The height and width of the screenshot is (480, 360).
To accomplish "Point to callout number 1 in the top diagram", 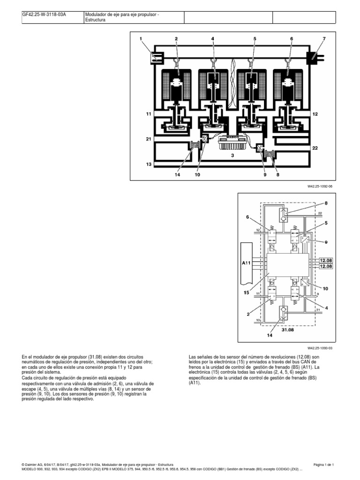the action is [141, 38].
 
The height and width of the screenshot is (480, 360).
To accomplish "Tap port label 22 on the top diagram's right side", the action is [315, 148].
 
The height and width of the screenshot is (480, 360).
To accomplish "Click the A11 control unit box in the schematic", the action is [247, 263].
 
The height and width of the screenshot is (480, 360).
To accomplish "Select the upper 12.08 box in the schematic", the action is [325, 259].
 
